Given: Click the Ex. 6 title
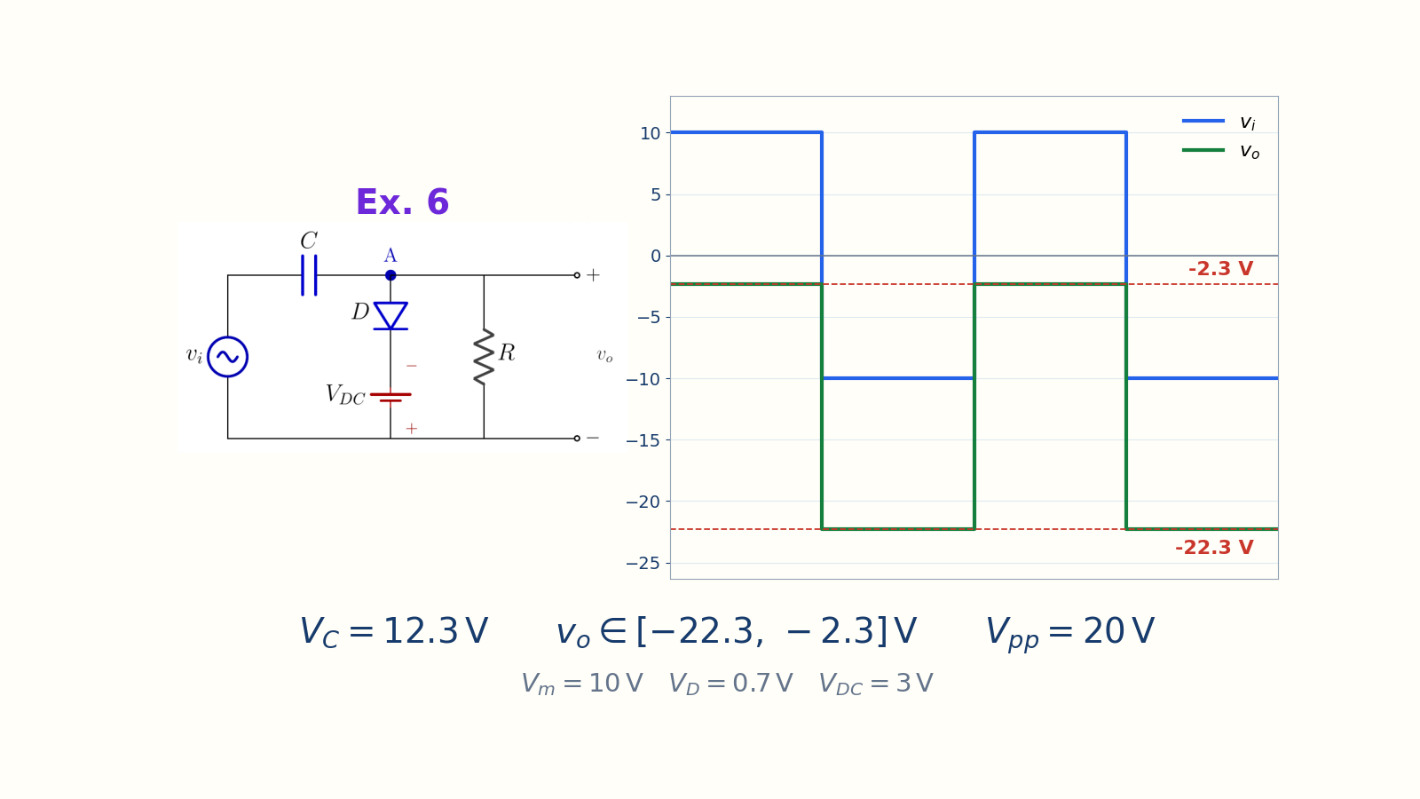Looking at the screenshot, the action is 403,202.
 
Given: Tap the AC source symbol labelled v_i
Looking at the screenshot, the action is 227,357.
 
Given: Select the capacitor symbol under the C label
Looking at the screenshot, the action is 310,275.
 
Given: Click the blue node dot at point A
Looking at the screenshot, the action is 390,275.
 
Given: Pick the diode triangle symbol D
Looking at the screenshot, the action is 390,316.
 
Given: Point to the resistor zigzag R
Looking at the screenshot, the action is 484,357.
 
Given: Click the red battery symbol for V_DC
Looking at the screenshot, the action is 390,397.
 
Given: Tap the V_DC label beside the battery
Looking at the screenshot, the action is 345,395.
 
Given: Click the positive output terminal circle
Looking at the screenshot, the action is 577,275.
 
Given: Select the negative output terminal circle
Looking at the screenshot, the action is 577,439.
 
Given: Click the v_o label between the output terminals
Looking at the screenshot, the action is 604,356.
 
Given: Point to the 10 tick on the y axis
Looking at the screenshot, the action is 651,133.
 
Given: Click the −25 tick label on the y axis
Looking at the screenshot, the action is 643,563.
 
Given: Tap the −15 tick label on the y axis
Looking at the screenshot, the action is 643,440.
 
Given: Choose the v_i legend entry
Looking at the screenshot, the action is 1219,122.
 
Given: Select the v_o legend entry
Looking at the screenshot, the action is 1221,151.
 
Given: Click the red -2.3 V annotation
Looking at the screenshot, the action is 1221,269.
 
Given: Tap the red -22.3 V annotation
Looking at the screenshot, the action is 1214,547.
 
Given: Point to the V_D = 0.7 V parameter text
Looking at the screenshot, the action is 731,684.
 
